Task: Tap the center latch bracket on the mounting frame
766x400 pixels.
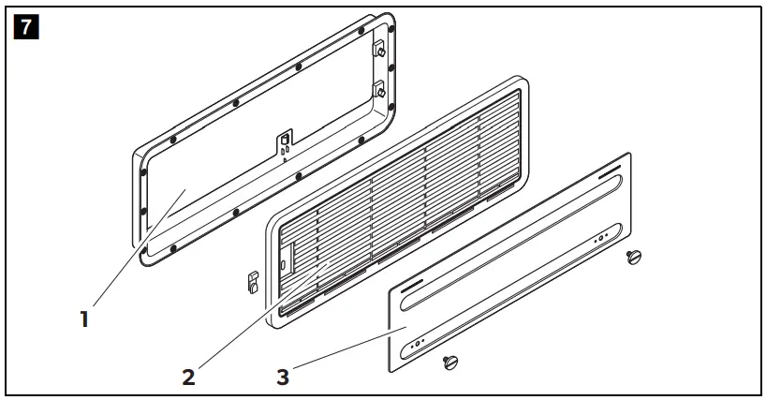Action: click(283, 142)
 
